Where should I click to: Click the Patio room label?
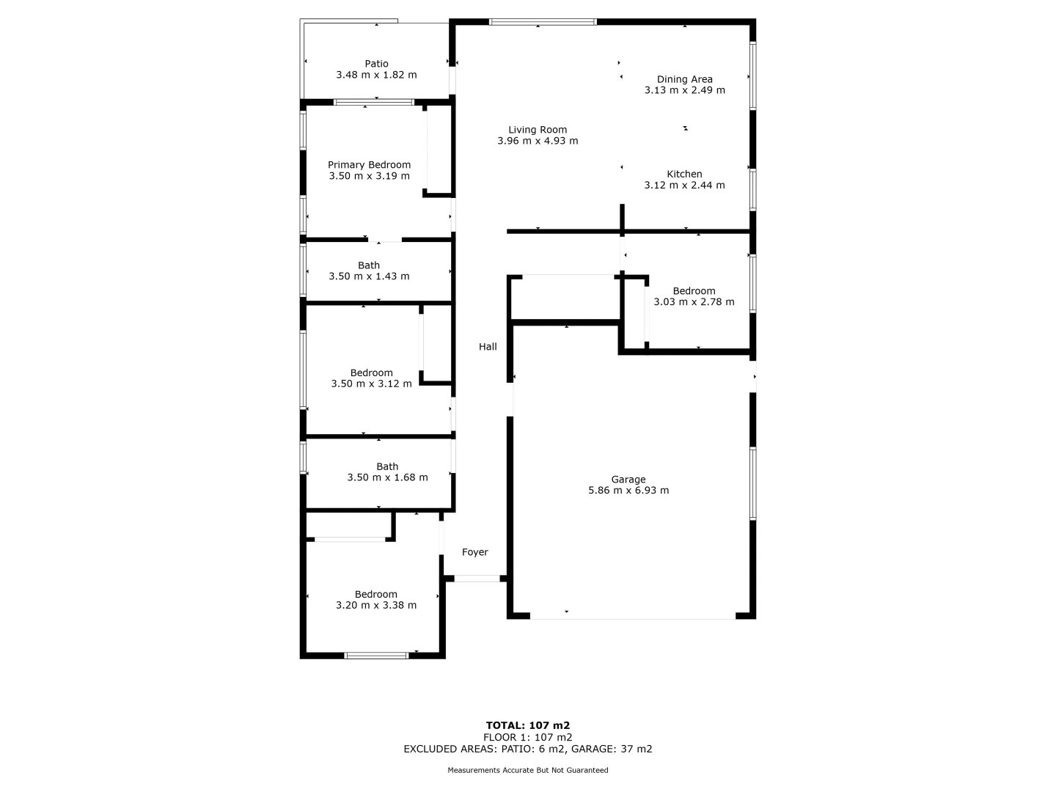[376, 64]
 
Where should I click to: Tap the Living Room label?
[538, 130]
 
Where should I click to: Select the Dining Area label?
[684, 79]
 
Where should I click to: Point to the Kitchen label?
[684, 174]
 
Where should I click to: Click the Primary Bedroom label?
[369, 165]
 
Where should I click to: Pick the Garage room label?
[628, 480]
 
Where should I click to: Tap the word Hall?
[488, 347]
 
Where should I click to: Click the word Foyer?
[474, 552]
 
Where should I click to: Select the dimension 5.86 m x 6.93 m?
[628, 491]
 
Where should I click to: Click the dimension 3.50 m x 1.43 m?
[369, 276]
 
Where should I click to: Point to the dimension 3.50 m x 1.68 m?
[387, 477]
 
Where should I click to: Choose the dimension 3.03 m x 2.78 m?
[694, 301]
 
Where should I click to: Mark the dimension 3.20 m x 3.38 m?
[376, 605]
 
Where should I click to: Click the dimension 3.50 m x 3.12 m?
[371, 384]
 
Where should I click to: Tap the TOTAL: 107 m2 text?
[528, 725]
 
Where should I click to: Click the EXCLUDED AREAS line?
[528, 749]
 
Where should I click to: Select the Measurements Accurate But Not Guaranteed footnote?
[528, 770]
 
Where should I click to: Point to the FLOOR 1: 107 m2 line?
[528, 737]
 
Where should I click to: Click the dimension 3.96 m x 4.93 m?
[538, 141]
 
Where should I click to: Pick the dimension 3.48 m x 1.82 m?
[376, 75]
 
